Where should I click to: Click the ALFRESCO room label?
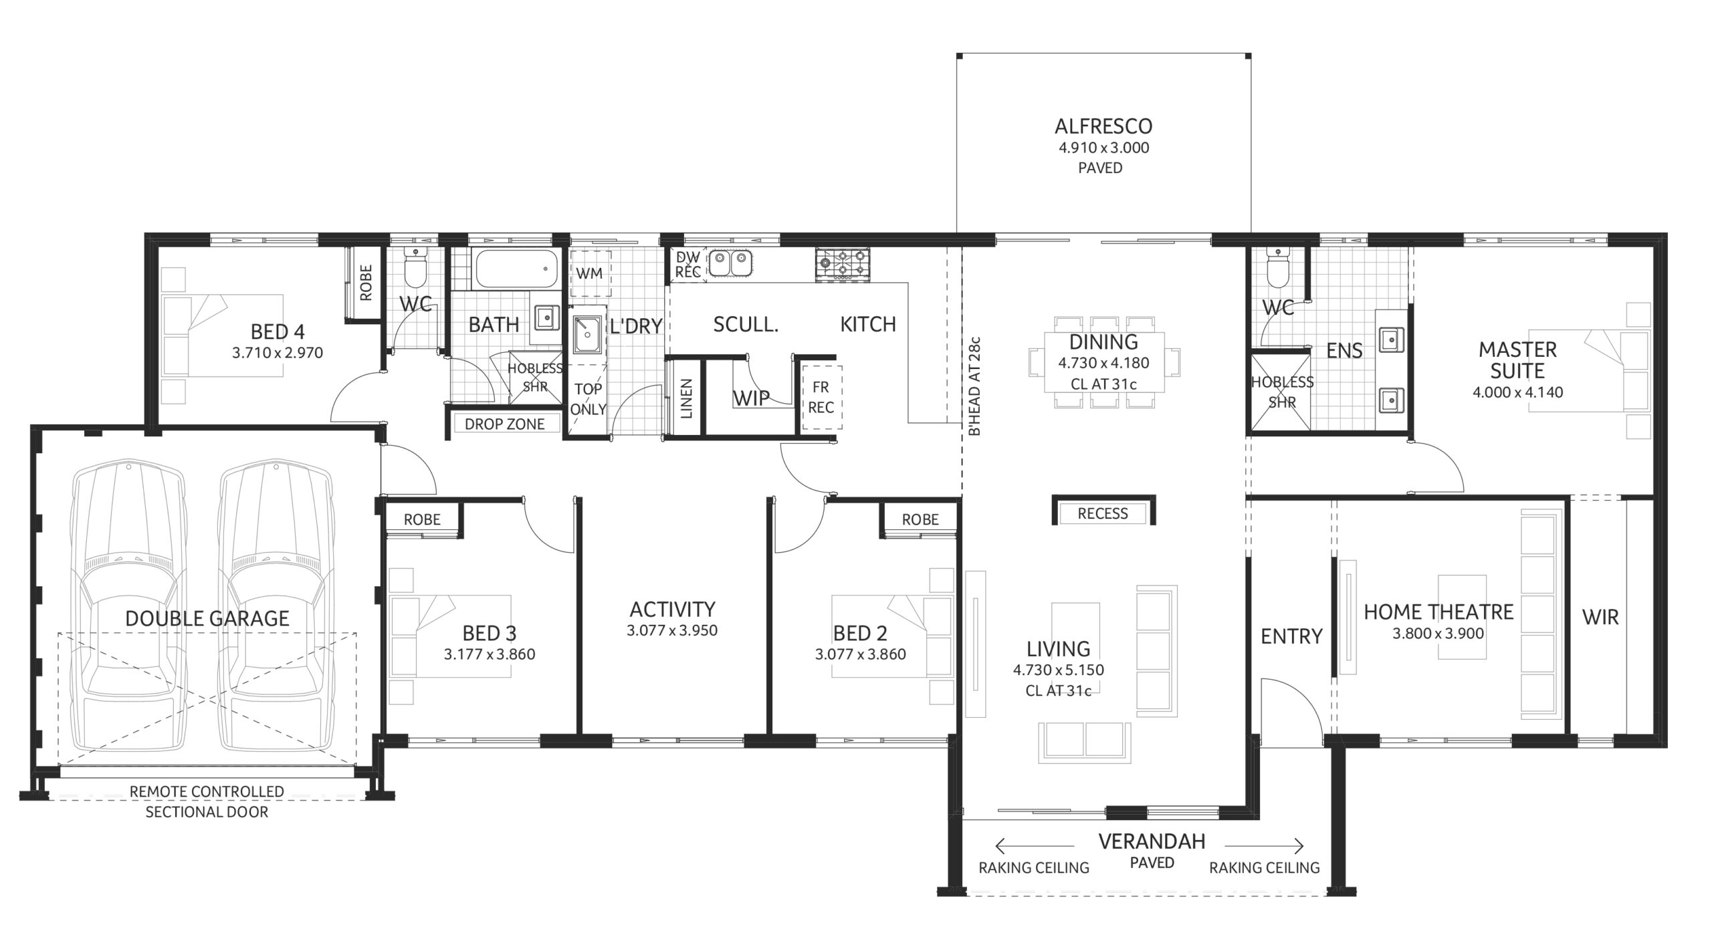tap(1103, 126)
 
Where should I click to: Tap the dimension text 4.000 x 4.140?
tap(1517, 392)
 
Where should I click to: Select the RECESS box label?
tap(1103, 513)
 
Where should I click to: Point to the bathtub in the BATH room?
tap(515, 269)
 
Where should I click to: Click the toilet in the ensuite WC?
tap(1277, 270)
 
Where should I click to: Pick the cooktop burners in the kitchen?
tap(843, 263)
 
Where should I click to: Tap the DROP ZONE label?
tap(504, 424)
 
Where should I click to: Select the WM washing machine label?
tap(589, 273)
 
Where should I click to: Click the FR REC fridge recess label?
tap(821, 397)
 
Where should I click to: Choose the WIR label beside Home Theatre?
tap(1600, 617)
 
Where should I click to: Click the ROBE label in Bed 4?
tap(366, 282)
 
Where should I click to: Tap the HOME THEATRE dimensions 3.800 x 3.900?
tap(1438, 634)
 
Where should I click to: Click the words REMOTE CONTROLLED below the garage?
tap(207, 791)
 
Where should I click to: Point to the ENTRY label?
tap(1291, 636)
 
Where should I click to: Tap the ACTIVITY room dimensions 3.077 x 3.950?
tap(672, 630)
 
